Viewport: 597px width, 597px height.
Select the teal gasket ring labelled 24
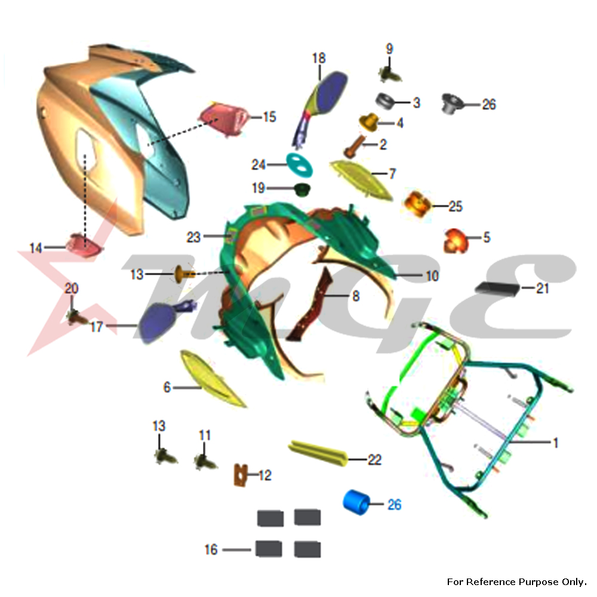pyautogui.click(x=299, y=165)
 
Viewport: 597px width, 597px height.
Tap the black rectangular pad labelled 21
pyautogui.click(x=498, y=288)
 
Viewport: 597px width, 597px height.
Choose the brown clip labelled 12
pyautogui.click(x=240, y=475)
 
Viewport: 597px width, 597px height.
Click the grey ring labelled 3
pyautogui.click(x=385, y=101)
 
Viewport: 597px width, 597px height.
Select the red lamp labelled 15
pyautogui.click(x=224, y=119)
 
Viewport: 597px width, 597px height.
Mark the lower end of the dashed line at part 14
pyautogui.click(x=85, y=244)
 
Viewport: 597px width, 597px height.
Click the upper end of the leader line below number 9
pyautogui.click(x=389, y=56)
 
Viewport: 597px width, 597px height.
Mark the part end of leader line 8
pyautogui.click(x=324, y=295)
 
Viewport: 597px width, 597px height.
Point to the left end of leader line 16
pyautogui.click(x=223, y=550)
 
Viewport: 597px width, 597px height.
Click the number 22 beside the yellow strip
pyautogui.click(x=375, y=460)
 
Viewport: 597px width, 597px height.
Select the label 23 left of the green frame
pyautogui.click(x=193, y=237)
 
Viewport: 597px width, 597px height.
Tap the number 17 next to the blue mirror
pyautogui.click(x=96, y=327)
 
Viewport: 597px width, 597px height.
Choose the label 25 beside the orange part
pyautogui.click(x=456, y=206)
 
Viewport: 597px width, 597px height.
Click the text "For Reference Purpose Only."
pyautogui.click(x=516, y=581)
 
